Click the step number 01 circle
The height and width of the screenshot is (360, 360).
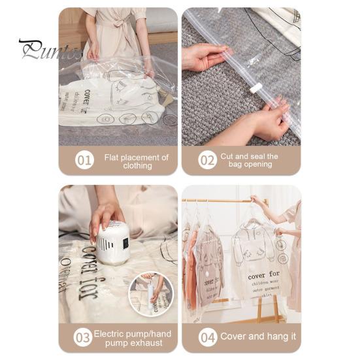point(84,160)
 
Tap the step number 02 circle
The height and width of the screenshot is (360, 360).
point(207,160)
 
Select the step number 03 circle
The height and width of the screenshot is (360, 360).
point(83,337)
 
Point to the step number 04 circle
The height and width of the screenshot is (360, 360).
point(207,337)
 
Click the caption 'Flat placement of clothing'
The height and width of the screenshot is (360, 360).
point(136,161)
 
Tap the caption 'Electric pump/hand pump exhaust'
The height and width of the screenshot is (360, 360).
point(133,338)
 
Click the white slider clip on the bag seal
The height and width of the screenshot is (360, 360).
point(256,87)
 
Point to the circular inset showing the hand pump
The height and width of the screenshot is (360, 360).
point(151,294)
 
